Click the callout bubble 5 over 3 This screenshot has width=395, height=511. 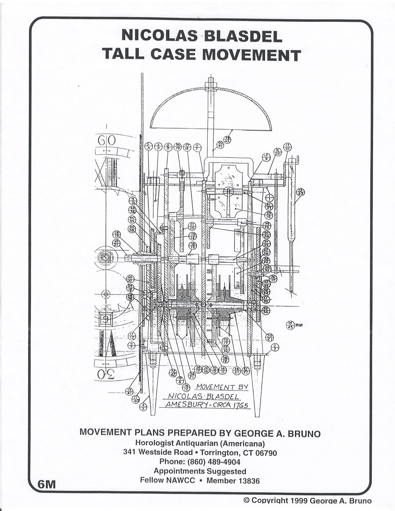click(x=149, y=146)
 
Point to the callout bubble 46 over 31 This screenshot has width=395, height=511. click(x=220, y=145)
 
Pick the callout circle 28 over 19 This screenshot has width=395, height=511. click(x=117, y=234)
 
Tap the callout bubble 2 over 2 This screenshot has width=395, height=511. click(x=274, y=347)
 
